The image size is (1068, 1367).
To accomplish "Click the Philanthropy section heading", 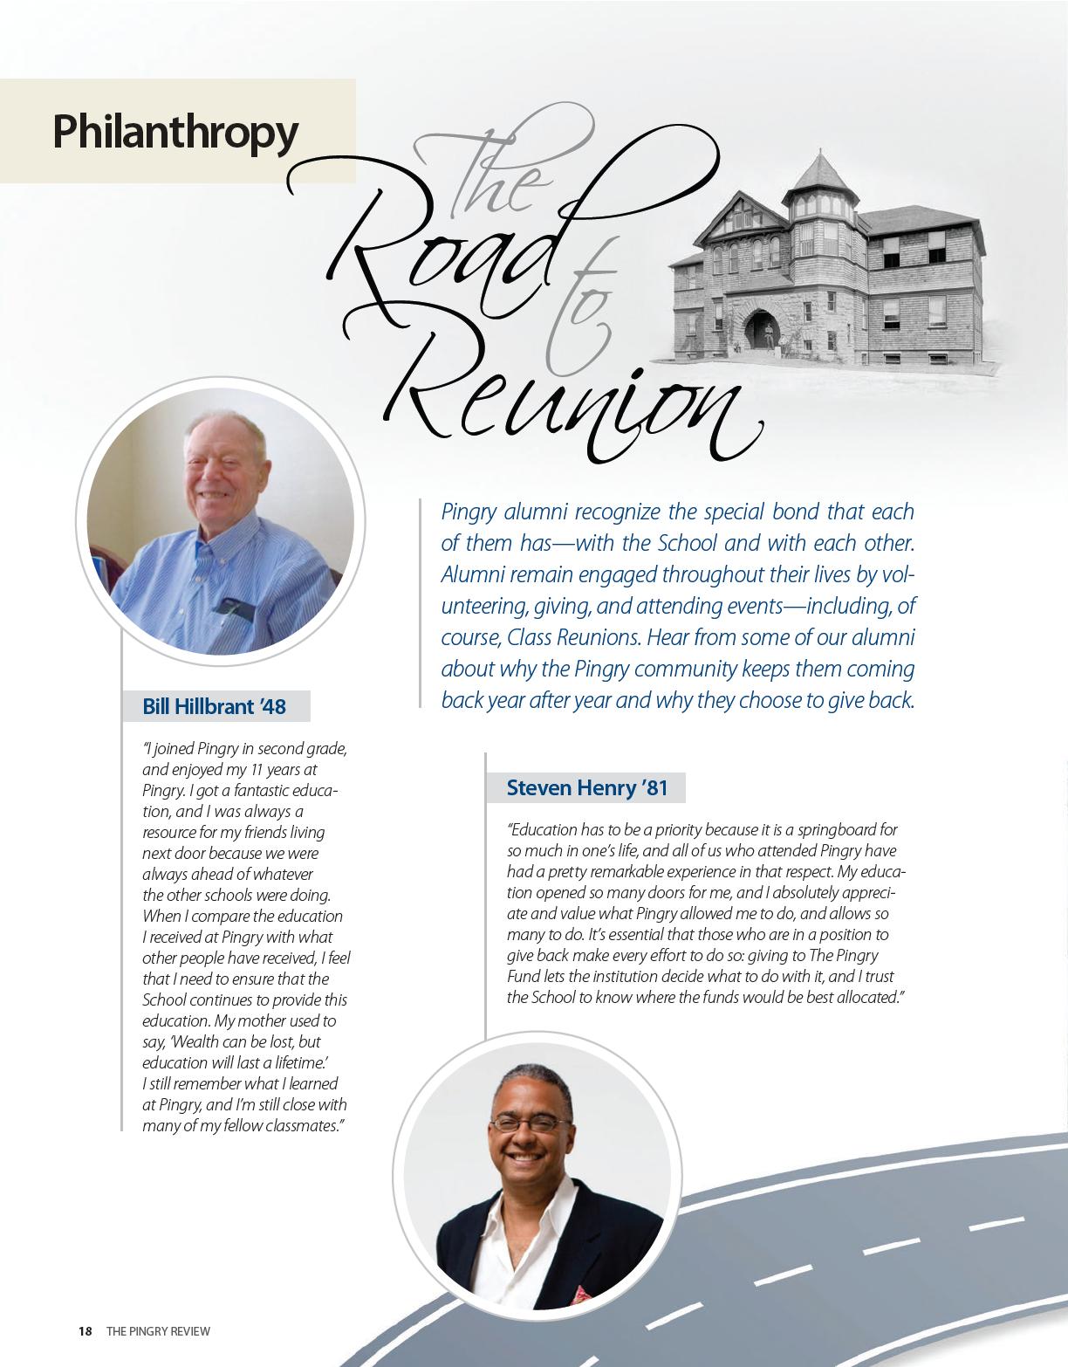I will point(175,131).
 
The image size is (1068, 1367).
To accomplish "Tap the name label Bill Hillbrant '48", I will point(214,706).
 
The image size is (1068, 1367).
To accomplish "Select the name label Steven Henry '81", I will point(586,788).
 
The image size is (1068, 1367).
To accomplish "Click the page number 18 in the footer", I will point(85,1331).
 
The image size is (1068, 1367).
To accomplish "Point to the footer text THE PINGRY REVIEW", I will point(158,1331).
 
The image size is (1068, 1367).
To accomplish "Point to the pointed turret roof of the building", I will point(819,170).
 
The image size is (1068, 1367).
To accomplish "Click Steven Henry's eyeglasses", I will point(530,1125).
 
